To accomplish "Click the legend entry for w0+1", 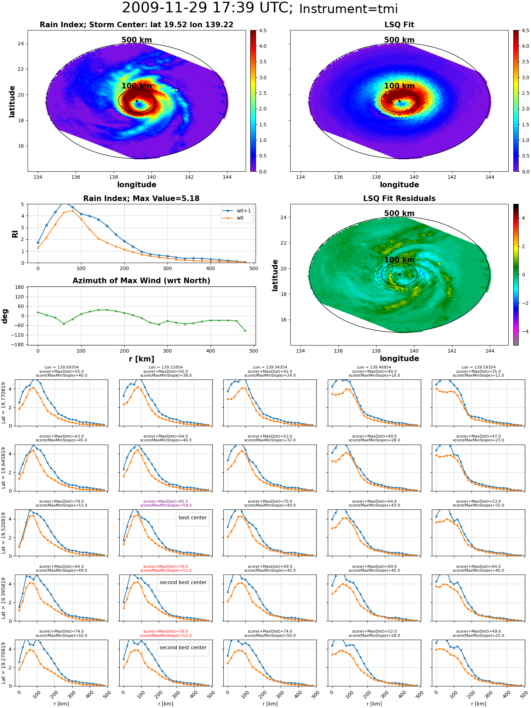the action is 237,211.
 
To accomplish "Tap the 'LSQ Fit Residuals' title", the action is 399,199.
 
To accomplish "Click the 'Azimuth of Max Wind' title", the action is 141,281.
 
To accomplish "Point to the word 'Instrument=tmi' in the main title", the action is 349,9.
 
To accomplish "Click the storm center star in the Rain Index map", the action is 137,101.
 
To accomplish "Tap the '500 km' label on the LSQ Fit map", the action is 399,40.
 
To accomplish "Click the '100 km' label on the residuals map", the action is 399,260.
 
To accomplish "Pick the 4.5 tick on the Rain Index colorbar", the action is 263,31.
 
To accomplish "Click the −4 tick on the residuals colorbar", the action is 524,331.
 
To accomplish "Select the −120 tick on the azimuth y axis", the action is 17,335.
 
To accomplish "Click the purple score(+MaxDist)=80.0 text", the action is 166,501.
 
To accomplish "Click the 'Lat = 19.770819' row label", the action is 4,403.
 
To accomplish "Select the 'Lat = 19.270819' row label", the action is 4,663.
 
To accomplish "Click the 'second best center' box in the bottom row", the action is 183,647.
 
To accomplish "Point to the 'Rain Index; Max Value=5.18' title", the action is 141,199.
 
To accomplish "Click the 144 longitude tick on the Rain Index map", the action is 227,177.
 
